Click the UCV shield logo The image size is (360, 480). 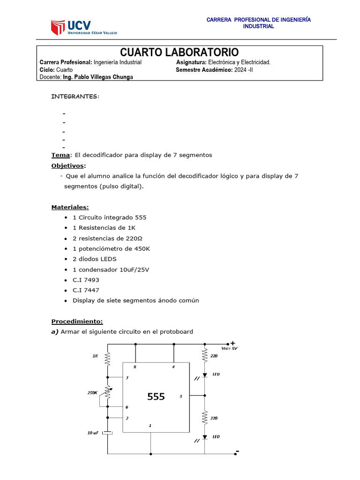[x=58, y=27]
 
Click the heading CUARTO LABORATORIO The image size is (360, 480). [x=180, y=52]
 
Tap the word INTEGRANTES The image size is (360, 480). [x=75, y=96]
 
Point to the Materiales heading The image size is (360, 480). [x=70, y=207]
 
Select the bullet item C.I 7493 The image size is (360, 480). [x=86, y=280]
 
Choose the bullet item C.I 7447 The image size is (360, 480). [x=86, y=290]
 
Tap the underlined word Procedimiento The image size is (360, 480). [x=77, y=321]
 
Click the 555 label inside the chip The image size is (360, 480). [x=156, y=397]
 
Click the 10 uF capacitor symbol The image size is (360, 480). [x=108, y=432]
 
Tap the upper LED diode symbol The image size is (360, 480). [x=205, y=375]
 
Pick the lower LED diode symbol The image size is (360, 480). [x=205, y=437]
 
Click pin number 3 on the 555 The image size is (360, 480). [x=180, y=397]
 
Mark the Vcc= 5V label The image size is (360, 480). [x=229, y=348]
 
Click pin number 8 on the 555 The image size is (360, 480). [x=135, y=367]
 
